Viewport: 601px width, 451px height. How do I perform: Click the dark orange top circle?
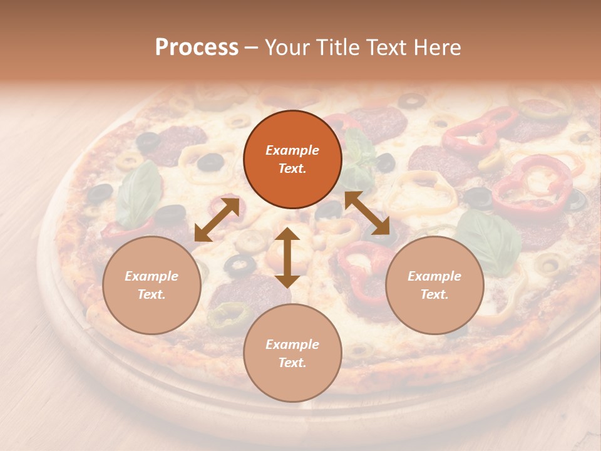click(292, 159)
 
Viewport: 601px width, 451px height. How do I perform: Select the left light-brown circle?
click(152, 285)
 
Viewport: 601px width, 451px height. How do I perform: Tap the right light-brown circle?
click(434, 285)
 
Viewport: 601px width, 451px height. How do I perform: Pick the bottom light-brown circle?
click(292, 353)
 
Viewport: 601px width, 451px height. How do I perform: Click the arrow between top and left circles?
click(217, 220)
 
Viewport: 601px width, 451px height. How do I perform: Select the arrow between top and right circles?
click(367, 214)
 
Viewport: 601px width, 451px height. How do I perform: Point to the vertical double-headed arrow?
click(287, 257)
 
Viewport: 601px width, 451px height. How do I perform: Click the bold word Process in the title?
click(197, 47)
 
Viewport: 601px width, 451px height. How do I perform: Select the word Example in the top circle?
click(292, 150)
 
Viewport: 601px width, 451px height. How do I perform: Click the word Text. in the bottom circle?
click(292, 363)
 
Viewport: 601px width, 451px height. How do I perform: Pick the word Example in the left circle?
click(152, 276)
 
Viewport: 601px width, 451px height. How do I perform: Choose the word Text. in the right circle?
click(434, 294)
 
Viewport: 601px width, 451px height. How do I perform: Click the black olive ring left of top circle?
click(210, 163)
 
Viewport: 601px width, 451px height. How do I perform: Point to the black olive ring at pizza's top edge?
click(411, 100)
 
